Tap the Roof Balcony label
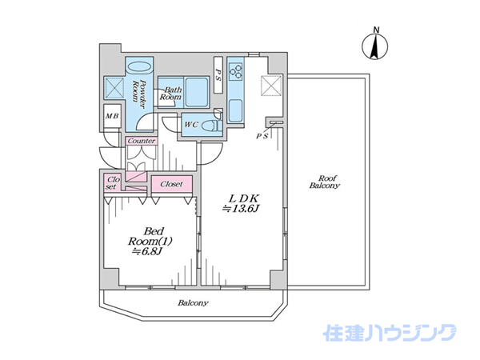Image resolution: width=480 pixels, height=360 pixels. click(325, 182)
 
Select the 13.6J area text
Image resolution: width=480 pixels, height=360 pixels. click(241, 209)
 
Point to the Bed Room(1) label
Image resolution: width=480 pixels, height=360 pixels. click(150, 236)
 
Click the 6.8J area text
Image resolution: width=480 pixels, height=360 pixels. click(146, 251)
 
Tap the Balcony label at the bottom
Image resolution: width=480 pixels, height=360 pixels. click(193, 303)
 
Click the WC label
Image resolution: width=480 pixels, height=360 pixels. click(192, 125)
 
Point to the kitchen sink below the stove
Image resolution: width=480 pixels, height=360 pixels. click(235, 111)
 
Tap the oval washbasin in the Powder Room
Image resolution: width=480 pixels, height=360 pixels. click(138, 67)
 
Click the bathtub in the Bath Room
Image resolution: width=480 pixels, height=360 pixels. click(197, 92)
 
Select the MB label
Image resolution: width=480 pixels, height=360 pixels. click(112, 116)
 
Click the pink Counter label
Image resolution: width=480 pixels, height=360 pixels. click(142, 141)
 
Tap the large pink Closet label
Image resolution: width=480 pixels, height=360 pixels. click(171, 184)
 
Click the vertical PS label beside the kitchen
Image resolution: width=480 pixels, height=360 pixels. click(218, 74)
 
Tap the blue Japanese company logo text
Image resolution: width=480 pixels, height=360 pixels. click(390, 333)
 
